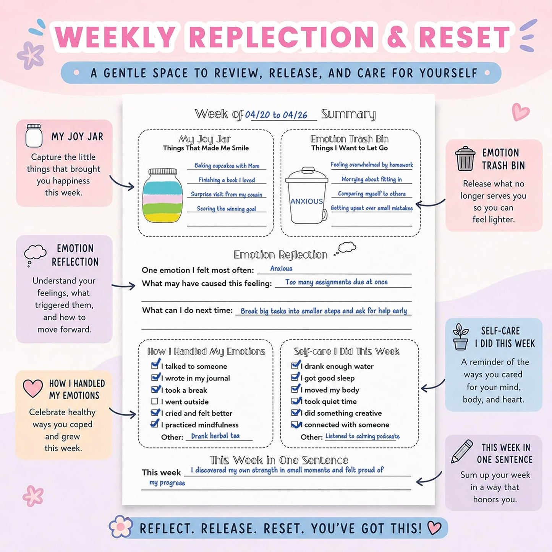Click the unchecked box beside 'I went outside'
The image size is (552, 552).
[154, 401]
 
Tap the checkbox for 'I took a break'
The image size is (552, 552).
[155, 389]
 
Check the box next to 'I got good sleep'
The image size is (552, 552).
[295, 377]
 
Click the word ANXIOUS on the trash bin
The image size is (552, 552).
[306, 201]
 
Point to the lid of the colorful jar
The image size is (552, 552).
[162, 172]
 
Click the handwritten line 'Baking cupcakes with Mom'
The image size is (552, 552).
[227, 165]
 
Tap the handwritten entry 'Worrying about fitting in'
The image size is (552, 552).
[372, 179]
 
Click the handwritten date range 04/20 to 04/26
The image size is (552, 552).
[276, 115]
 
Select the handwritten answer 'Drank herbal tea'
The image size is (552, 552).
[215, 436]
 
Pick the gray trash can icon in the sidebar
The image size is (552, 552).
[465, 159]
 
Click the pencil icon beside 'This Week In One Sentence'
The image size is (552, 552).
[462, 452]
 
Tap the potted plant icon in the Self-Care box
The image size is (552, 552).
[460, 337]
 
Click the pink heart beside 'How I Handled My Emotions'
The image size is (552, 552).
[32, 388]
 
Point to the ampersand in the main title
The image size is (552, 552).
[397, 37]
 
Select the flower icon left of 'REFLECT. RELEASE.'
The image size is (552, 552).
[121, 526]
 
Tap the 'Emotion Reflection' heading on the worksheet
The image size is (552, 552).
[280, 254]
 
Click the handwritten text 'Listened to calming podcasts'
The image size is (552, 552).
[363, 436]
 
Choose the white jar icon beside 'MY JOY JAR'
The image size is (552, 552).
[34, 136]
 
